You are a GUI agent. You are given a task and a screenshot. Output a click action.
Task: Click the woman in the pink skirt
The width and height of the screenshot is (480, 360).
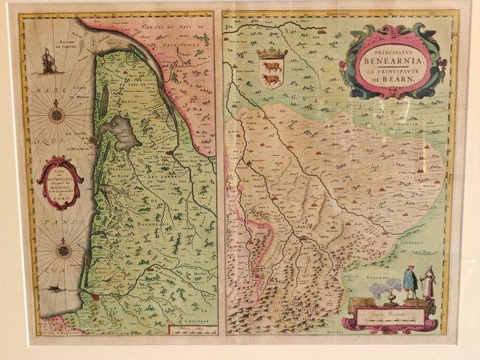point(428,283)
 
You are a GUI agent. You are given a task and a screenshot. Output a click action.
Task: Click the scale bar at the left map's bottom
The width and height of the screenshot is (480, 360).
point(190,331)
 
